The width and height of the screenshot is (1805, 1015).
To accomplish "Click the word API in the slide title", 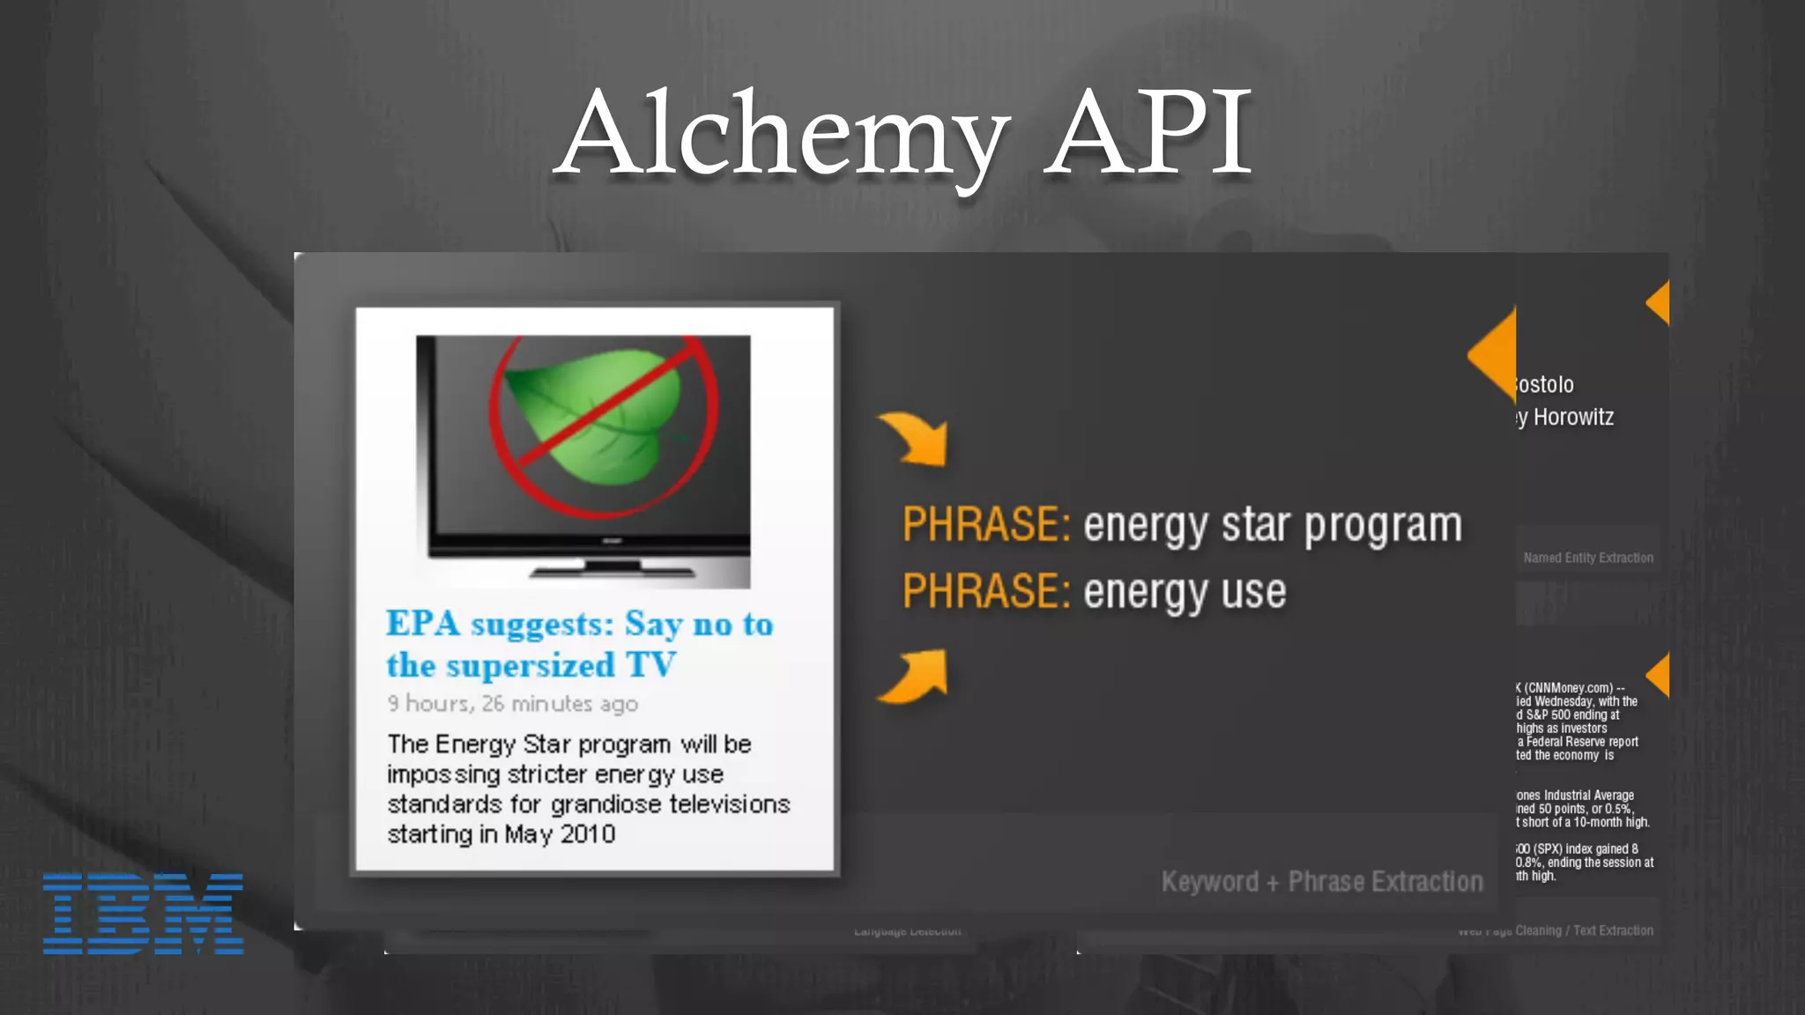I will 1148,132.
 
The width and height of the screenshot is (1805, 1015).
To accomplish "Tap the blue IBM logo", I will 143,913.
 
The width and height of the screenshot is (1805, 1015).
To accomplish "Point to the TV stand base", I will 612,568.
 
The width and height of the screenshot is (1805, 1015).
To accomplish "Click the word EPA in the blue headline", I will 423,624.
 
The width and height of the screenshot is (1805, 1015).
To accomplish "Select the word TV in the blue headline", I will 650,665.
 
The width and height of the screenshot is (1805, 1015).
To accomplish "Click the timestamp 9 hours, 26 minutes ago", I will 512,704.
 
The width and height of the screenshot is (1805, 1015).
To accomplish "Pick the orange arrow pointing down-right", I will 915,438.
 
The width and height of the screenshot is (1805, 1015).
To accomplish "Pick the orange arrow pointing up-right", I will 915,677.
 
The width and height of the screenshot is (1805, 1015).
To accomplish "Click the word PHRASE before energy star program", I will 985,525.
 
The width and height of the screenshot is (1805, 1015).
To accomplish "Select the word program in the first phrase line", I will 1383,525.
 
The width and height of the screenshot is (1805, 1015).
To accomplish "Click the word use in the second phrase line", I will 1254,591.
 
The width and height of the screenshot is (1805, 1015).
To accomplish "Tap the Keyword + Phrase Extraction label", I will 1322,881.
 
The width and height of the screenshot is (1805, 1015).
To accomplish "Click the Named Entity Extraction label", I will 1588,558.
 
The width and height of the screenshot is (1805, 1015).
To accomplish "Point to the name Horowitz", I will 1573,417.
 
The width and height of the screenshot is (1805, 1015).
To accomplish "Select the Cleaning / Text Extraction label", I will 1584,930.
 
